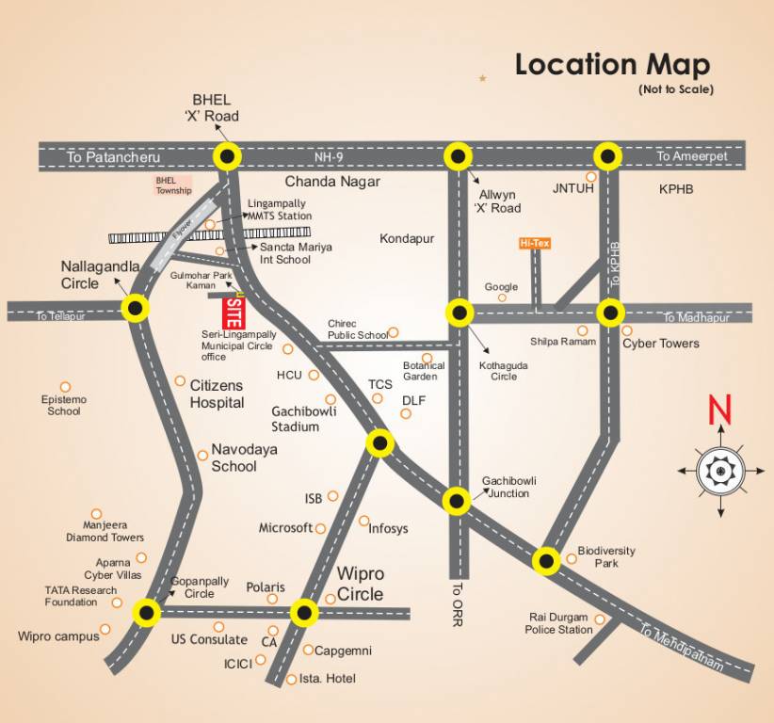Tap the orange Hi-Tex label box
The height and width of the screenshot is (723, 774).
point(535,243)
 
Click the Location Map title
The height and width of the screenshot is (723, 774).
point(612,65)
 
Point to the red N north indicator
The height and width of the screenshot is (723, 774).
point(720,410)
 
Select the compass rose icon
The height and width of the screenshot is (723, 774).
point(720,468)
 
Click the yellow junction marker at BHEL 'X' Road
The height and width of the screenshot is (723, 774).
point(226,156)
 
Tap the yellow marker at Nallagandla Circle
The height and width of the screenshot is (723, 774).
point(137,308)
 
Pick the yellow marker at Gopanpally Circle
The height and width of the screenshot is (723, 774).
point(146,613)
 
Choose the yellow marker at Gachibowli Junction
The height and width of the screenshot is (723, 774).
point(457,501)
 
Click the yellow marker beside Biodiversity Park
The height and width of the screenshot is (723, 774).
point(547,561)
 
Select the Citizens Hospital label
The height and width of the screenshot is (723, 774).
point(217,394)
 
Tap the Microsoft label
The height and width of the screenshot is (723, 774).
point(285,528)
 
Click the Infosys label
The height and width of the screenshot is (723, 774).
point(388,528)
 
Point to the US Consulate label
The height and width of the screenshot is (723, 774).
point(209,639)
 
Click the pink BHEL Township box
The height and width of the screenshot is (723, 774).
point(173,185)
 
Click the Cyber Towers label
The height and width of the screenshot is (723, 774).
point(660,344)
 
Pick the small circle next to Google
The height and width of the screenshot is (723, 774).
point(502,297)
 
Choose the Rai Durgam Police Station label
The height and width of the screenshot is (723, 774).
point(558,623)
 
